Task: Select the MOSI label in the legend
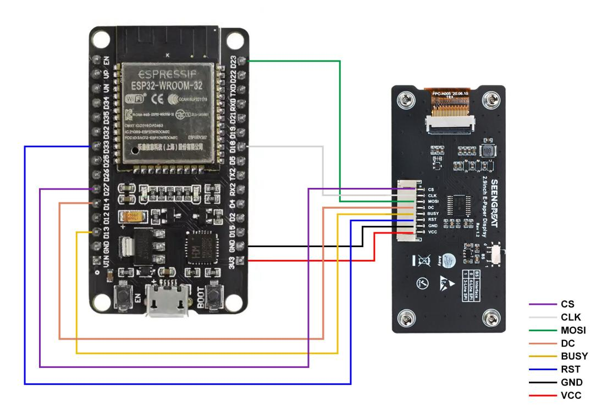[x=573, y=330]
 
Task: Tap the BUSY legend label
[x=574, y=356]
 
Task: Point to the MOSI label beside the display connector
[x=433, y=202]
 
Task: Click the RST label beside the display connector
[x=432, y=219]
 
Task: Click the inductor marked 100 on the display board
[x=487, y=152]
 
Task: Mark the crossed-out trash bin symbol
[x=419, y=260]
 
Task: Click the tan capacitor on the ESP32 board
[x=134, y=216]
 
